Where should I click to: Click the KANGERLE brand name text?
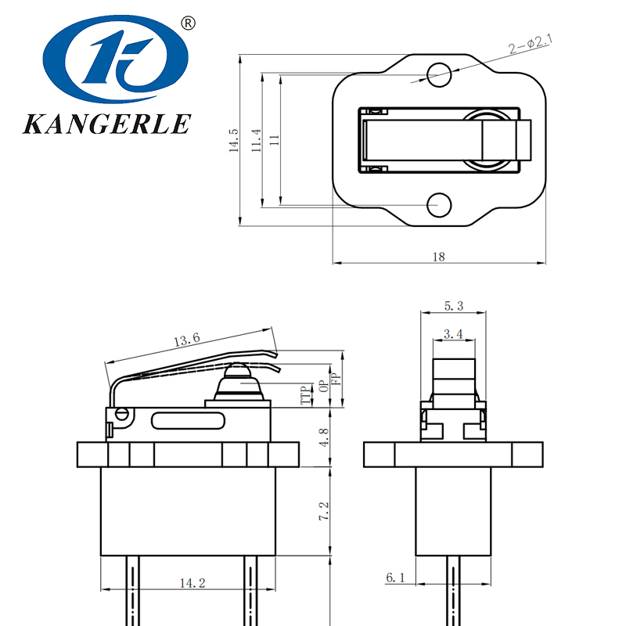[107, 124]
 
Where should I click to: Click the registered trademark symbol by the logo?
[187, 23]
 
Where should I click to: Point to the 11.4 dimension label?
[256, 141]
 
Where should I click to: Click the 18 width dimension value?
[438, 257]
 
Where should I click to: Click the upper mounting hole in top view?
[439, 75]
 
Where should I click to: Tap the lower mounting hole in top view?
[439, 205]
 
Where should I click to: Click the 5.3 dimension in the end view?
[454, 306]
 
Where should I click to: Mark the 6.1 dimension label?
[395, 577]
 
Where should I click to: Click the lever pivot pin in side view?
[121, 413]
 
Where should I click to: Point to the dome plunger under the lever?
[240, 385]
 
